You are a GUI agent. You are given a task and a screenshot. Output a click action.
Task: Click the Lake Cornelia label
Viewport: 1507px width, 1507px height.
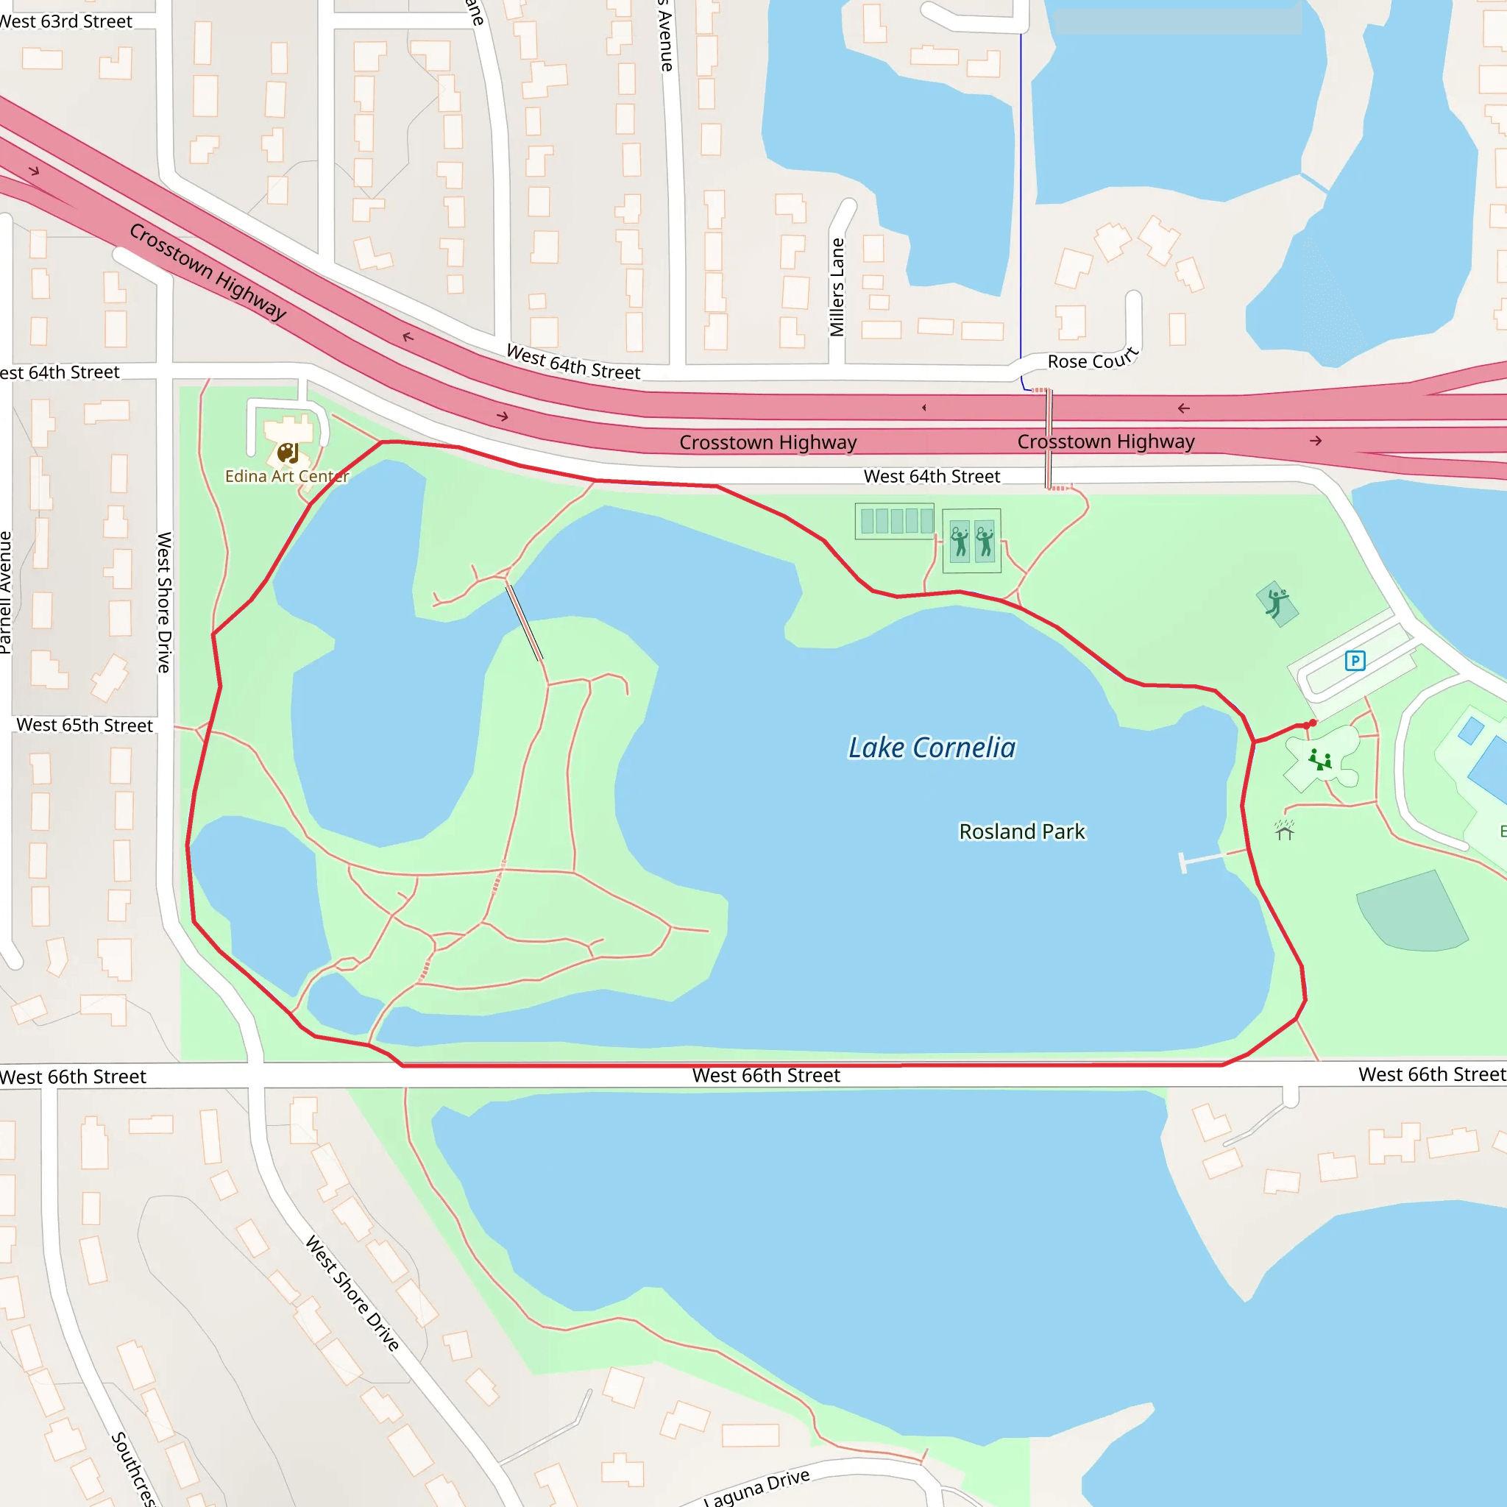click(x=932, y=748)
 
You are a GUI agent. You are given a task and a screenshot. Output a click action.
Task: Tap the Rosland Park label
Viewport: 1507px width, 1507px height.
click(x=1022, y=831)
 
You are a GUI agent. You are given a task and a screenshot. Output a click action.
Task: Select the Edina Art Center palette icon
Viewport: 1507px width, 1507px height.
click(x=288, y=453)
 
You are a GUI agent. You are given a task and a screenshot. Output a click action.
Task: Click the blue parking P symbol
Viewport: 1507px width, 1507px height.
click(x=1355, y=662)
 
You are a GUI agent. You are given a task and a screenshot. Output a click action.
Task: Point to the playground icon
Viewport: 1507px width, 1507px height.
click(x=1320, y=759)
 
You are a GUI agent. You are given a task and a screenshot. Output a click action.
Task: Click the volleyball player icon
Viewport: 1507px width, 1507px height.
click(x=1276, y=603)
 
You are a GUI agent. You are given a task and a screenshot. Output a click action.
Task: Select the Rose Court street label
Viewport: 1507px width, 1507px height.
click(x=1093, y=360)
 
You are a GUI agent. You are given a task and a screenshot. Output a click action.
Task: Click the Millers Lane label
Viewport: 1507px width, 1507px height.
click(x=837, y=287)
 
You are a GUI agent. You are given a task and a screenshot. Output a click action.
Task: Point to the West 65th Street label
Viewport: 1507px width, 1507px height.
click(x=84, y=725)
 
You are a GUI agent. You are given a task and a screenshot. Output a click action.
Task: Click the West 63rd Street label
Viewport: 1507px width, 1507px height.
click(x=66, y=22)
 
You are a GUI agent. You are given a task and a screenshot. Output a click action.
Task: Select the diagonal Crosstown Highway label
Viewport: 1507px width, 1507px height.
click(x=208, y=271)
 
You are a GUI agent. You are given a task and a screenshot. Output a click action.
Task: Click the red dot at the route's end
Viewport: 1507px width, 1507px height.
click(x=1313, y=723)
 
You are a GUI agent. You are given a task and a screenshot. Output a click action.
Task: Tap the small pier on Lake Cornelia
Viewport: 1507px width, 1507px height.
click(x=1204, y=859)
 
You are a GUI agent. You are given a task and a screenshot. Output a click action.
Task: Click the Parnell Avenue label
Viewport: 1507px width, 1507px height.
click(x=6, y=592)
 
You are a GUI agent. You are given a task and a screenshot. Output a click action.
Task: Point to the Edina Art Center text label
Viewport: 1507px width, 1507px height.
click(x=286, y=476)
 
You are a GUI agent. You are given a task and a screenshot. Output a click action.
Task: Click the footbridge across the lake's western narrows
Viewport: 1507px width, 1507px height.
click(x=523, y=623)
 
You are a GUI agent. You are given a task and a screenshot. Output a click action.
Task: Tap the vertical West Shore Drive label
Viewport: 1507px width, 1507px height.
click(x=164, y=602)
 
